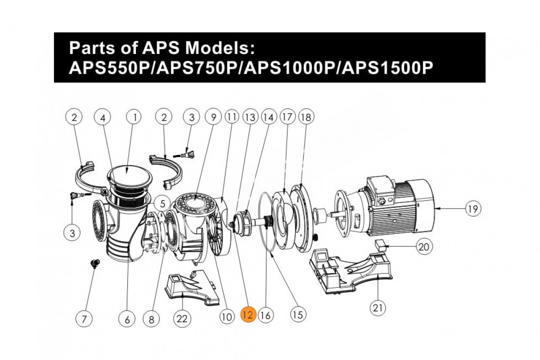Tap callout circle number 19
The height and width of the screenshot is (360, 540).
pyautogui.click(x=473, y=208)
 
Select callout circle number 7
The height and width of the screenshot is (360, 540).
pyautogui.click(x=84, y=319)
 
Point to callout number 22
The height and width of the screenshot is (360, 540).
pyautogui.click(x=182, y=319)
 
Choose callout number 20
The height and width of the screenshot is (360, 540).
pyautogui.click(x=425, y=247)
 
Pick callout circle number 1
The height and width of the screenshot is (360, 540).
pyautogui.click(x=134, y=117)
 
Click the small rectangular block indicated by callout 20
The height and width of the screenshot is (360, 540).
pyautogui.click(x=381, y=244)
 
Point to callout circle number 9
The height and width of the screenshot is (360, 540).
pyautogui.click(x=213, y=117)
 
